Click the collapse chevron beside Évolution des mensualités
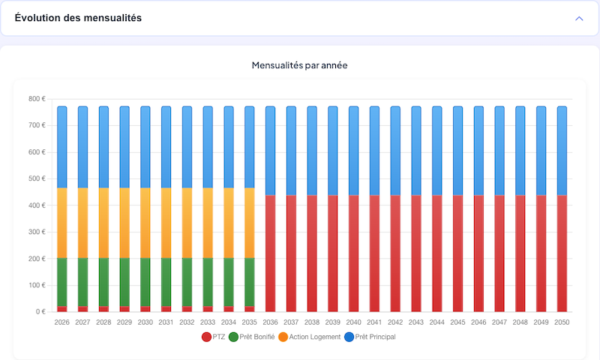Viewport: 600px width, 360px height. [x=579, y=18]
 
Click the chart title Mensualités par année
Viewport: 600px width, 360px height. [x=299, y=65]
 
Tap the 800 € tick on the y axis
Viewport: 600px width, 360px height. [x=37, y=99]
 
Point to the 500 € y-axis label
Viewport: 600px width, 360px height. [x=37, y=178]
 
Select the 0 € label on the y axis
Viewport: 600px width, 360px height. [x=40, y=312]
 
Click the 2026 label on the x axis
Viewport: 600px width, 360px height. [x=62, y=322]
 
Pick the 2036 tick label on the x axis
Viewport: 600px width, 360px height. [x=270, y=322]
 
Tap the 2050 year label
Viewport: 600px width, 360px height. [x=562, y=322]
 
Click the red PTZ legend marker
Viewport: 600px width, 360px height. [x=207, y=337]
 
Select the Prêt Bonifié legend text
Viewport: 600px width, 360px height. [x=257, y=337]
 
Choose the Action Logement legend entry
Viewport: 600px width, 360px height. [x=315, y=337]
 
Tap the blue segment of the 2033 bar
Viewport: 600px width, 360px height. [x=208, y=147]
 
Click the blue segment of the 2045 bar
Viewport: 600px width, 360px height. [x=457, y=151]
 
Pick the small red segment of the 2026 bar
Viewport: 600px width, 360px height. [x=62, y=308]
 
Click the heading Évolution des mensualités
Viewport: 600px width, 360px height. [x=78, y=18]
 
